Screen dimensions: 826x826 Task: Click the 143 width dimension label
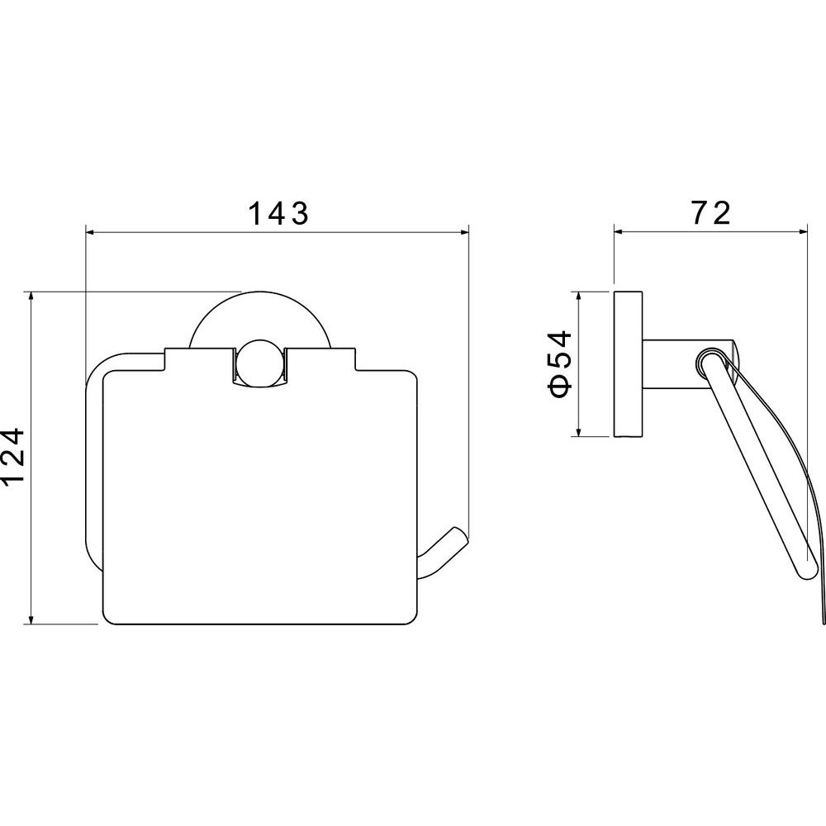[x=278, y=213]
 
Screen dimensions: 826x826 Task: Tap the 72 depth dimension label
[x=710, y=212]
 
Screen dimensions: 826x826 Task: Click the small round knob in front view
[x=259, y=363]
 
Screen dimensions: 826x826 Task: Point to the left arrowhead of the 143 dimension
[x=90, y=232]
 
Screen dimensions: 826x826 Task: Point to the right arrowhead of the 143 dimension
[x=463, y=232]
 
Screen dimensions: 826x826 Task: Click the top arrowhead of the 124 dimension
[x=32, y=296]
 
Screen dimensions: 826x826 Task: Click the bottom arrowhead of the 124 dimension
[x=32, y=619]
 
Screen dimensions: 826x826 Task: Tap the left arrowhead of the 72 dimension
[x=619, y=231]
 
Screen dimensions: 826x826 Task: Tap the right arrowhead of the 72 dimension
[x=802, y=231]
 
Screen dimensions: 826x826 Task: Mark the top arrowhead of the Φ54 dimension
[x=578, y=296]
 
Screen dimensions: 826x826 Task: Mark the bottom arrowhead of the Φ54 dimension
[x=578, y=432]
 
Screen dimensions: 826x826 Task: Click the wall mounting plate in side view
[x=628, y=363]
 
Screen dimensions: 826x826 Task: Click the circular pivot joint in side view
[x=711, y=363]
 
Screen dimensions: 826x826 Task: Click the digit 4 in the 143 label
[x=278, y=213]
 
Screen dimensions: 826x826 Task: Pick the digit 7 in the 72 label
[x=700, y=213]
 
